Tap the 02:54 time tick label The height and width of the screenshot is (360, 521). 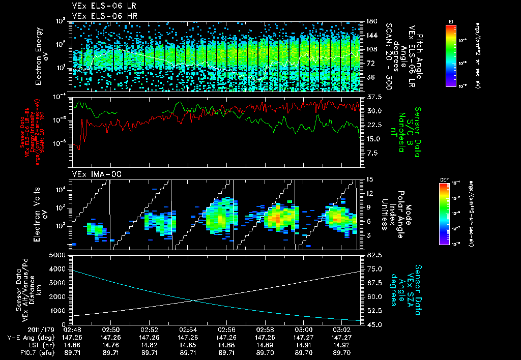point(188,329)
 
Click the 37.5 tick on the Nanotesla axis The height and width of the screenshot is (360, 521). point(372,97)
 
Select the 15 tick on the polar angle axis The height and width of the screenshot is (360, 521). point(369,179)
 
